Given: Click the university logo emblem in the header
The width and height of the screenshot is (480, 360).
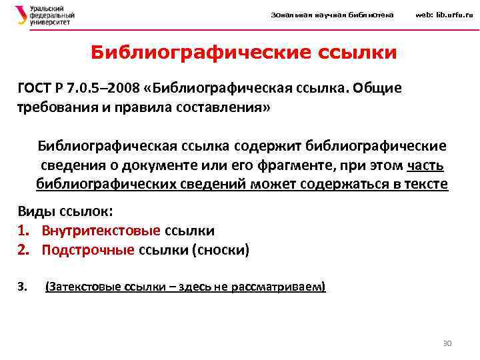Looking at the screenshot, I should pos(21,15).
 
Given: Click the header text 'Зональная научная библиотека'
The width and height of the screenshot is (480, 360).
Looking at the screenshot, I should pos(332,15).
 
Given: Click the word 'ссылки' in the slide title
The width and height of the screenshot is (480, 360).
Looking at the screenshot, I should pos(359,52).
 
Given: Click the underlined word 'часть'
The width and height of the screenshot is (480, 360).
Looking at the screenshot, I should pos(425,165).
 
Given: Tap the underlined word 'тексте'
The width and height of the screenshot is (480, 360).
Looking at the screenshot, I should pos(426,184).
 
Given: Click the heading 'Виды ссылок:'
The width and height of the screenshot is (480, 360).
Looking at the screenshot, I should pos(65,212).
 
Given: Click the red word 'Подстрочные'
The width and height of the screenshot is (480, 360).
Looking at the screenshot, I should pos(87,250).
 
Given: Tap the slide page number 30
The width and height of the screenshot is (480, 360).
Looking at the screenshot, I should pos(447,343).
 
